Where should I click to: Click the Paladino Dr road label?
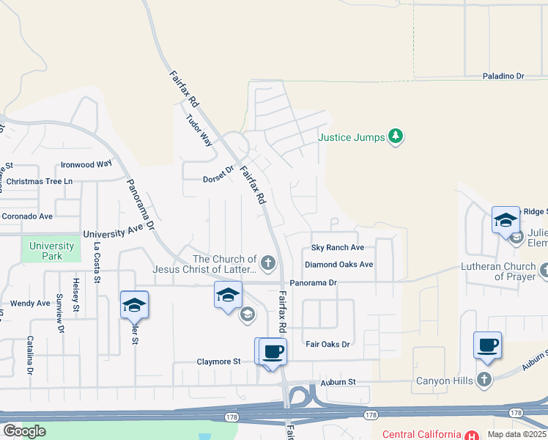click(503, 76)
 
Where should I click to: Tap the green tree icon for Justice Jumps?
click(396, 136)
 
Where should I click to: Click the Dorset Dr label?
click(218, 178)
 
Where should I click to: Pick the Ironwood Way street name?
click(86, 164)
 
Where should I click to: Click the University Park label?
click(52, 251)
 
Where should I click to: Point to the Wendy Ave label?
click(30, 303)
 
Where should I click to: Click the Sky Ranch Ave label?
click(338, 248)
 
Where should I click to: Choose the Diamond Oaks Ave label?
click(339, 265)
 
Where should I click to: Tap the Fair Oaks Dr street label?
click(327, 344)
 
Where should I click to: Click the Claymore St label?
click(218, 362)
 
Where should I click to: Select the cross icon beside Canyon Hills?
click(484, 380)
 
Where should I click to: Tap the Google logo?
click(24, 431)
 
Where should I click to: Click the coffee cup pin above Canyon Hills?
click(487, 345)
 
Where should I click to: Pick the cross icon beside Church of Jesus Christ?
click(268, 263)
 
